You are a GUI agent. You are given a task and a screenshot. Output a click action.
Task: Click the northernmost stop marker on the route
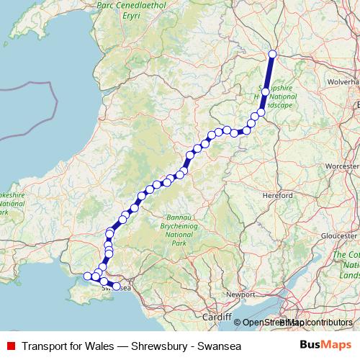pyautogui.click(x=273, y=55)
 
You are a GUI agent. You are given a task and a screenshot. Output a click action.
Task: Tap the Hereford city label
pyautogui.click(x=278, y=195)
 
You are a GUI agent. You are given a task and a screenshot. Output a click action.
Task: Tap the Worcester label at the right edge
pyautogui.click(x=342, y=166)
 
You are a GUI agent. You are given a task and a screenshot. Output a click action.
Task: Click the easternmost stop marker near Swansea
pyautogui.click(x=117, y=287)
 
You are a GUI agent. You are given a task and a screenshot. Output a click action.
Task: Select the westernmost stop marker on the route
pyautogui.click(x=88, y=276)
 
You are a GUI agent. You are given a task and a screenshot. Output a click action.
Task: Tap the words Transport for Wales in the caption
pyautogui.click(x=66, y=346)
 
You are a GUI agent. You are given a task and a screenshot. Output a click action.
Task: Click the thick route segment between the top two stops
pyautogui.click(x=269, y=73)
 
